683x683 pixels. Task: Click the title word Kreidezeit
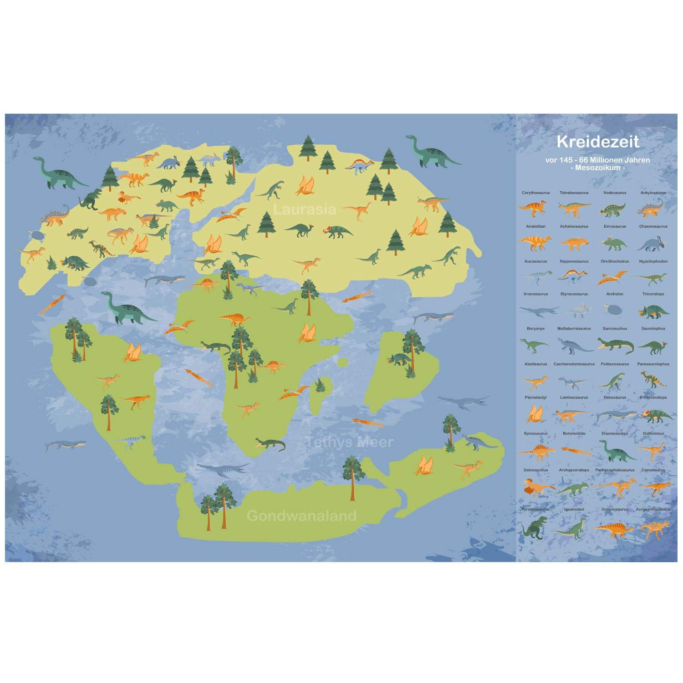coord(598,142)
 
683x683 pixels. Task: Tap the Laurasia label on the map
coord(305,209)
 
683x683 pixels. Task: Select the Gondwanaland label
coord(301,516)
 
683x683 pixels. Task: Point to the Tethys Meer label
coord(349,442)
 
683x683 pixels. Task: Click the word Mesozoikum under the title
coord(598,168)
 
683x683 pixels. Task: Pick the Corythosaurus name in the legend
coord(535,193)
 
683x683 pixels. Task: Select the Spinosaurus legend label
coord(535,433)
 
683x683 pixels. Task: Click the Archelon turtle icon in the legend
coord(615,310)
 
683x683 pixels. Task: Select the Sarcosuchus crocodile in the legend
coord(615,346)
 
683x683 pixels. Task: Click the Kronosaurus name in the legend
coord(535,294)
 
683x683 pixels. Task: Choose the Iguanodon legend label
coord(574,510)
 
